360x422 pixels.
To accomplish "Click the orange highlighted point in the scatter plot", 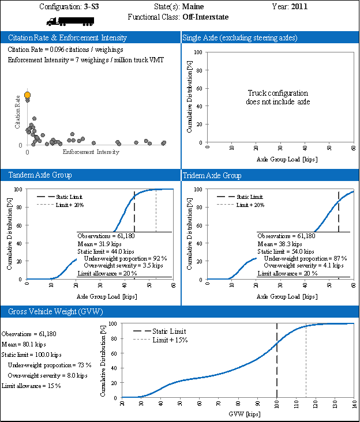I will [x=27, y=95].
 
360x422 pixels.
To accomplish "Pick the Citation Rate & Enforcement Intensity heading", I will [x=67, y=37].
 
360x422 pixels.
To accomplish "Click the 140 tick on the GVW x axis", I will [x=354, y=404].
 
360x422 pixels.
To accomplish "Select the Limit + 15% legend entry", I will [x=170, y=340].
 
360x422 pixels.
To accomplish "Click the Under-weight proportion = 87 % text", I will [x=305, y=258].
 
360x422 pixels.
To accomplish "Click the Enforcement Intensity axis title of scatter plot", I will [x=91, y=152].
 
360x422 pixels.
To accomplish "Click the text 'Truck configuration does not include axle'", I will [x=278, y=97].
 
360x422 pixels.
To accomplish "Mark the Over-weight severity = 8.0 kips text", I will [x=47, y=375].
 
